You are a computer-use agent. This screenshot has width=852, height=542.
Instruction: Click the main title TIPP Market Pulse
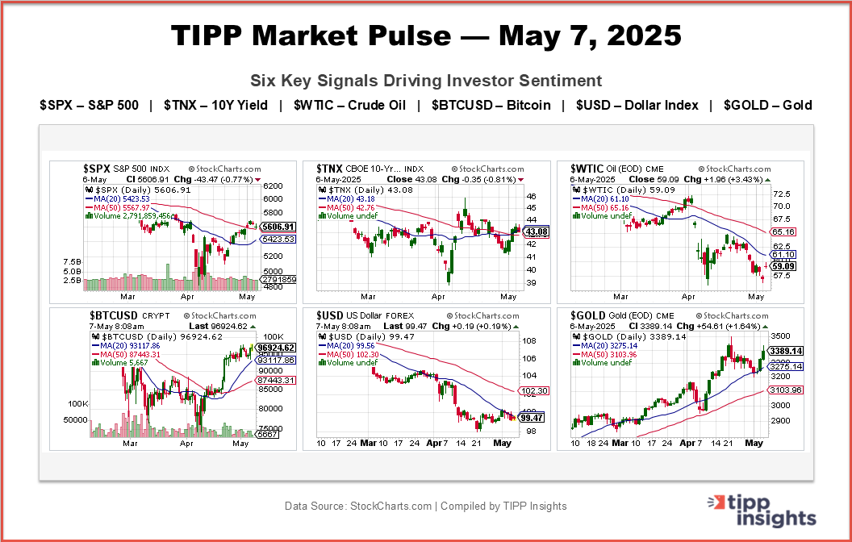426,36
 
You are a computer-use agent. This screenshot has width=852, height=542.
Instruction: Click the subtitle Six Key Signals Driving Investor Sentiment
426,81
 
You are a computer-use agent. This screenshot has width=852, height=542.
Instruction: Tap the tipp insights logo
762,510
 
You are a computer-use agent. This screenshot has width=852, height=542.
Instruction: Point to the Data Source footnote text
426,507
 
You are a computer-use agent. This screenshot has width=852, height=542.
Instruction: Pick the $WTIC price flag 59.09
782,265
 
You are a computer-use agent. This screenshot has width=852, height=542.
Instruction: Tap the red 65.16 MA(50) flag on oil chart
782,231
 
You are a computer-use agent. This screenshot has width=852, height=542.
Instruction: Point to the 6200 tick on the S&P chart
272,185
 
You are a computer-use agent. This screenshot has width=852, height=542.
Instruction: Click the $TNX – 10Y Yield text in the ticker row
215,106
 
